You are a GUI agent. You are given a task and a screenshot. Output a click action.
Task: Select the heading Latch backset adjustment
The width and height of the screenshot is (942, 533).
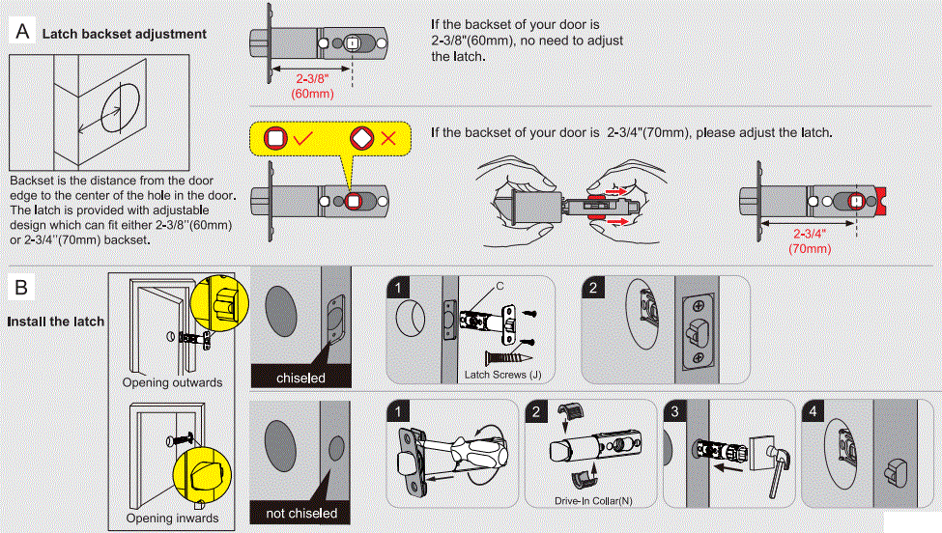[124, 34]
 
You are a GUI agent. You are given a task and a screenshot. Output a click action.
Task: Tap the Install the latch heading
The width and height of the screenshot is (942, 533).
[54, 321]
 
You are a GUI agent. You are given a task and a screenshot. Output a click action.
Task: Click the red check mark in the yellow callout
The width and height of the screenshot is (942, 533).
[302, 138]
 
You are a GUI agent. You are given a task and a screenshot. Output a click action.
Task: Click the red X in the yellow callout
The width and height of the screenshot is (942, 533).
[389, 138]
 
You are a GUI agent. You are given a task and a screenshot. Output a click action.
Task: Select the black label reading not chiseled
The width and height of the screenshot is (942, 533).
[301, 513]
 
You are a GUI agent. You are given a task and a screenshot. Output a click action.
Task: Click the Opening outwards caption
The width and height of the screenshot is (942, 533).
[172, 382]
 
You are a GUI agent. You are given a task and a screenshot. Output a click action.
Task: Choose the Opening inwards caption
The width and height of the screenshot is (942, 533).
[172, 519]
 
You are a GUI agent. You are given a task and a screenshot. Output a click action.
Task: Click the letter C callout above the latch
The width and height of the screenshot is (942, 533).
[499, 285]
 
